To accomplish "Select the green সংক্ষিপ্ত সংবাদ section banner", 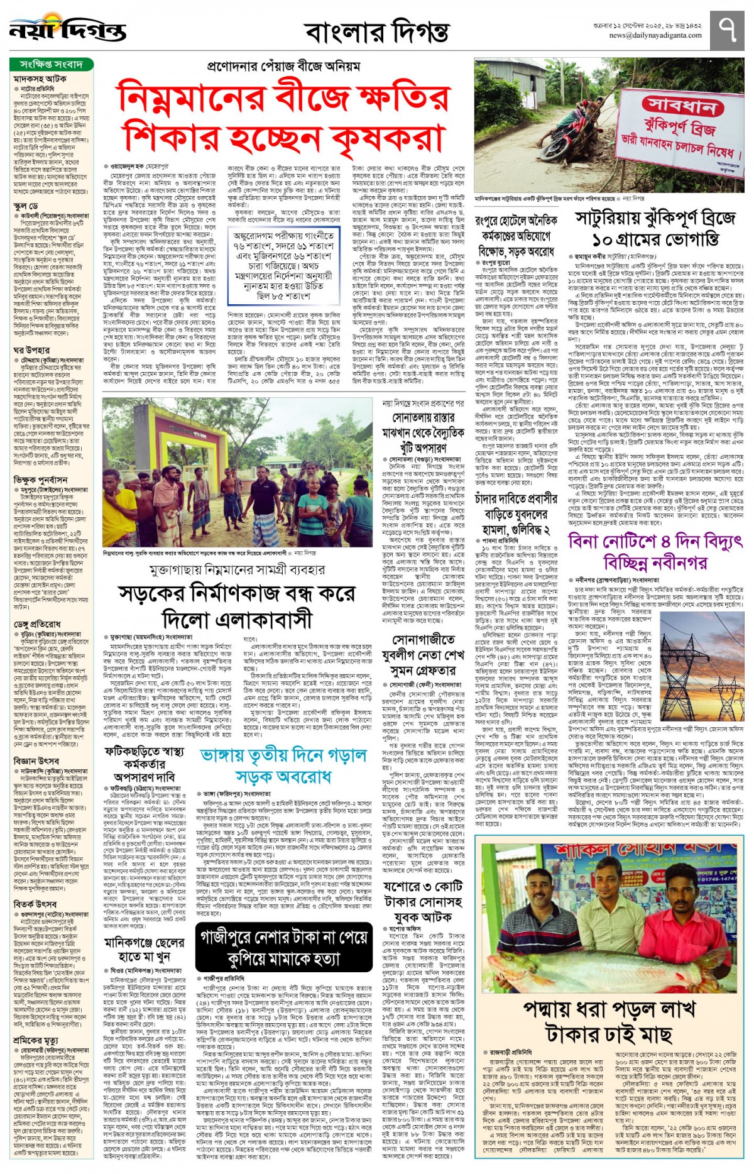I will point(52,64).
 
